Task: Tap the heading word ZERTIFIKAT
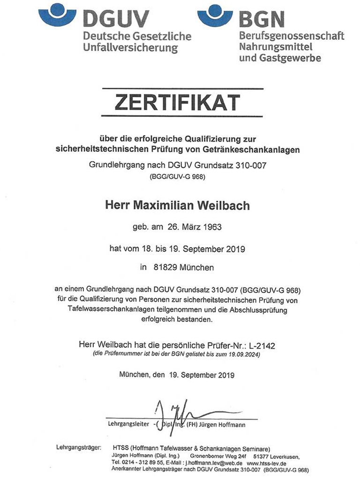click(182, 102)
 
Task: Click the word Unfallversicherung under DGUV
click(131, 48)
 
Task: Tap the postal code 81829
click(164, 268)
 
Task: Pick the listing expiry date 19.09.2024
click(243, 355)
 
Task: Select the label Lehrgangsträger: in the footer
click(78, 448)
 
